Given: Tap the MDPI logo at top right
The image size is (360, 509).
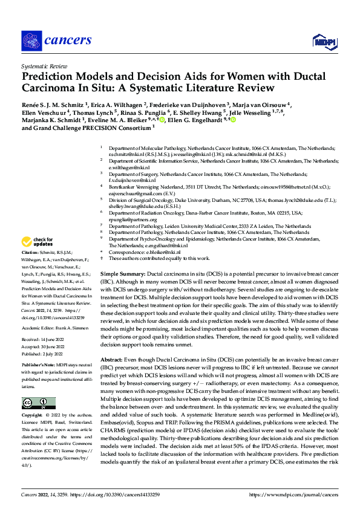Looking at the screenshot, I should pyautogui.click(x=321, y=41).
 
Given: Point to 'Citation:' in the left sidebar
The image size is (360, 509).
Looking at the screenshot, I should pyautogui.click(x=31, y=251).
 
